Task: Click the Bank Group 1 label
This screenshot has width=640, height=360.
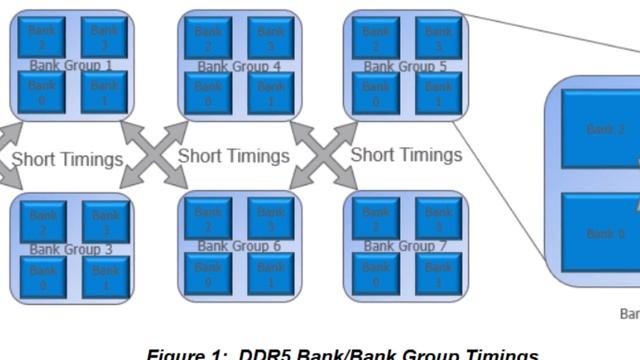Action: (71, 66)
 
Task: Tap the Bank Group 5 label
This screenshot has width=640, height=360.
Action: (405, 67)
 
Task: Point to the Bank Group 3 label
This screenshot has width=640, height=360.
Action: (71, 248)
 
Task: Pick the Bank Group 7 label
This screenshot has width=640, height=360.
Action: (405, 246)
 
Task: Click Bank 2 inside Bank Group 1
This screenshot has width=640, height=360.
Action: (44, 37)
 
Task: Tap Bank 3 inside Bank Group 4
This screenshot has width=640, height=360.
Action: (270, 37)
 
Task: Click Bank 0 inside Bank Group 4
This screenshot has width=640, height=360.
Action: (209, 93)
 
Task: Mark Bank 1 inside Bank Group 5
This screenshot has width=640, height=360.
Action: (436, 93)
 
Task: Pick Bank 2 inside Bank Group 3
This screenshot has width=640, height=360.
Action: (44, 221)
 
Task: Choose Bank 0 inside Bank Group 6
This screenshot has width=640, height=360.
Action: (209, 274)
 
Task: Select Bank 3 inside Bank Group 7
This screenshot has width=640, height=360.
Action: (436, 219)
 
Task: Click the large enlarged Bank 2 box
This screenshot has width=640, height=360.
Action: (600, 129)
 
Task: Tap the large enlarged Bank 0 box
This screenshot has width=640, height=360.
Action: (600, 233)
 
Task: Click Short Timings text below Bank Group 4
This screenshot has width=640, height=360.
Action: (233, 156)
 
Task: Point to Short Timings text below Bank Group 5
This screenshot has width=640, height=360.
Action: (406, 155)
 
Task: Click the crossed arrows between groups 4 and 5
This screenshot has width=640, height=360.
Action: (323, 155)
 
